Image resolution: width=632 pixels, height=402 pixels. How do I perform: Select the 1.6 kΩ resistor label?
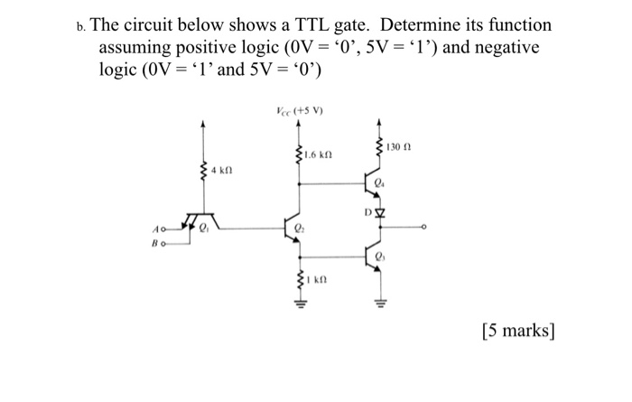(318, 155)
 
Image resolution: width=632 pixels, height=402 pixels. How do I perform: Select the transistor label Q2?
(300, 229)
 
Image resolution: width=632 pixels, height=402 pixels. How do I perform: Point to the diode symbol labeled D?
(379, 215)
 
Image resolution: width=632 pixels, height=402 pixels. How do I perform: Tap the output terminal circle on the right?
(423, 229)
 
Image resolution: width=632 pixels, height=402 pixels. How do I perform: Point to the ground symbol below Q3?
(378, 303)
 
